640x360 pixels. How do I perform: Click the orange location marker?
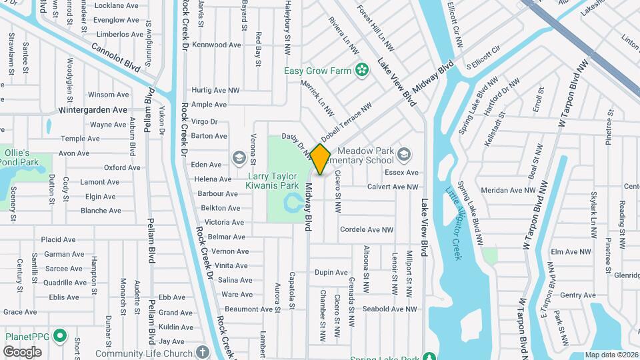point(321,159)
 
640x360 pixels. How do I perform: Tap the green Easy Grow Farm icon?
point(362,70)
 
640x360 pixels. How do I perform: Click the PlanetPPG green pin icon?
point(59,335)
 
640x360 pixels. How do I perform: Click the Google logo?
point(23,351)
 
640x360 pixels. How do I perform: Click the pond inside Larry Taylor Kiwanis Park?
point(292,201)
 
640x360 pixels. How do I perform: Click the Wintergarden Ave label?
point(93,110)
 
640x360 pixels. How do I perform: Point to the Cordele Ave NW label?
point(367,230)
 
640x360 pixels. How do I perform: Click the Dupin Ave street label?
point(331,273)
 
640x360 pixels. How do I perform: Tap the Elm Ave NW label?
point(572,252)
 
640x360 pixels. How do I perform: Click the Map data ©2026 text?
point(611,355)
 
